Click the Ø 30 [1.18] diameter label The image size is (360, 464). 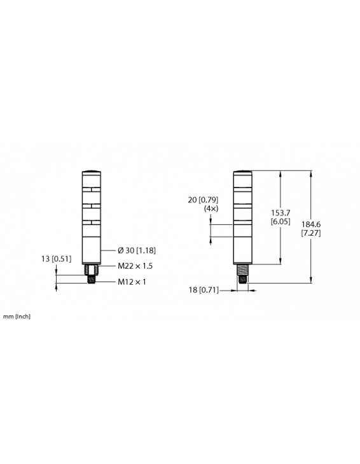click(137, 250)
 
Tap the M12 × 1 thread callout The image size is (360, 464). click(132, 282)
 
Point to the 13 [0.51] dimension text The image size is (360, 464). click(56, 259)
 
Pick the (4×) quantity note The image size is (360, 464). click(211, 209)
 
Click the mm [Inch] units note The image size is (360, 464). click(17, 316)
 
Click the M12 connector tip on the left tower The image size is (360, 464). click(90, 280)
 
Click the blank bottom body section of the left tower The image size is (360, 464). click(90, 245)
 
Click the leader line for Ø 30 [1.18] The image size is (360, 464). click(108, 250)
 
